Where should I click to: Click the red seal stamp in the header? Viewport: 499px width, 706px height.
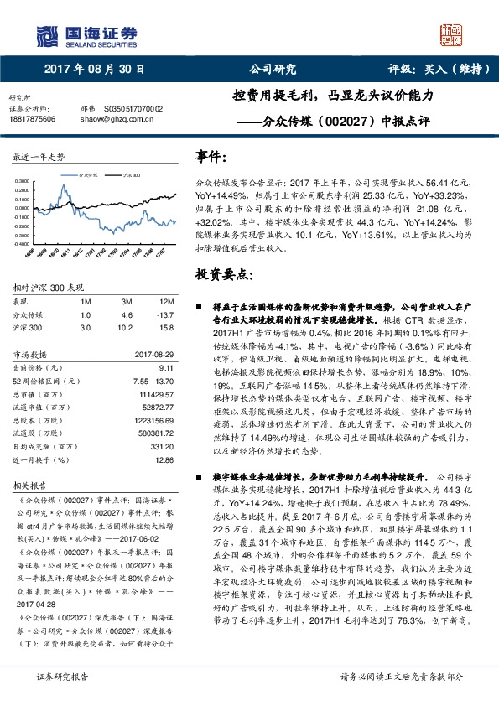450,34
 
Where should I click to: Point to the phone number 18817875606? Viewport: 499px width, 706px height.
32,119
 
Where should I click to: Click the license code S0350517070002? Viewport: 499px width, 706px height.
133,109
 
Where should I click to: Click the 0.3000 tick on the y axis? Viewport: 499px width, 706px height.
24,180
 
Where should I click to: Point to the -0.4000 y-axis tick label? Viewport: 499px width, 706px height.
24,247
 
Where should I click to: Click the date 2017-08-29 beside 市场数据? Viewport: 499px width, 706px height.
153,355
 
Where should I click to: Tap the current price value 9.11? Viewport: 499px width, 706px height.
165,367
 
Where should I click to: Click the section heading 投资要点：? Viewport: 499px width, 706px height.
222,274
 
